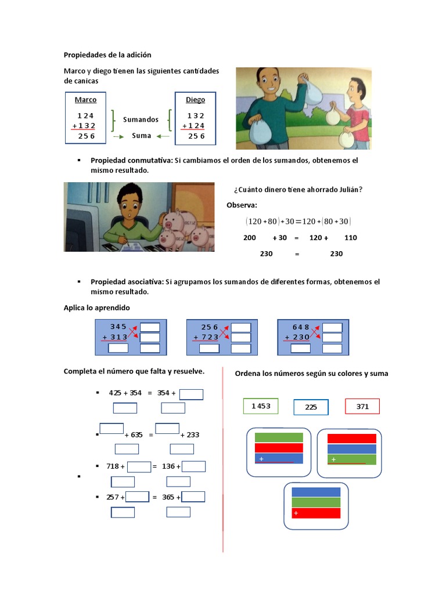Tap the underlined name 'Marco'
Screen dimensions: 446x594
coord(86,100)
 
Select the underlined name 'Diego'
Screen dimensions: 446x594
coord(195,100)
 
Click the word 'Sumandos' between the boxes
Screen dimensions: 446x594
coord(141,119)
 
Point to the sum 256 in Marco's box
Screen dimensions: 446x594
coord(87,136)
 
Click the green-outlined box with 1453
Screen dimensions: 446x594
coord(261,406)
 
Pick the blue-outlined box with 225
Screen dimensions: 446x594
coord(311,407)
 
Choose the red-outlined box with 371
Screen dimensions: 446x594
coord(362,407)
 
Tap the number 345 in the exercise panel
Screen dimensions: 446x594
coord(118,327)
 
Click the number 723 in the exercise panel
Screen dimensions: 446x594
coord(210,337)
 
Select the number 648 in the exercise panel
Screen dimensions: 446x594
coord(301,327)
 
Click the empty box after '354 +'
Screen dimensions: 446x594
coord(191,394)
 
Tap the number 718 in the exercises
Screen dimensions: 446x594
coord(113,466)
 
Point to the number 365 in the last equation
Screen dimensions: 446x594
coord(168,497)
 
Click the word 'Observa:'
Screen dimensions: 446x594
coord(242,205)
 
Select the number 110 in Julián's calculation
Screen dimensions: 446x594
coord(350,237)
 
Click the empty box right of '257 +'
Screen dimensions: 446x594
coord(137,497)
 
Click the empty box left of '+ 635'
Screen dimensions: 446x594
coord(111,429)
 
